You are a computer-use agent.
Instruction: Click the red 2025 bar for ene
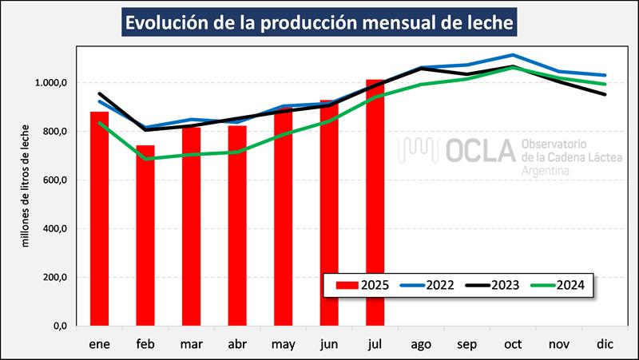tap(99, 219)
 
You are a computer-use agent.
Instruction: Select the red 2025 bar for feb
tap(145, 235)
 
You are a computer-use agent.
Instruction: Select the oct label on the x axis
tap(512, 344)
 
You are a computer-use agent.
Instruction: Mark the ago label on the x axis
tap(420, 344)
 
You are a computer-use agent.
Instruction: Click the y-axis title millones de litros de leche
tap(26, 185)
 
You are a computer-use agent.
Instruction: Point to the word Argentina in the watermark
tap(550, 172)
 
